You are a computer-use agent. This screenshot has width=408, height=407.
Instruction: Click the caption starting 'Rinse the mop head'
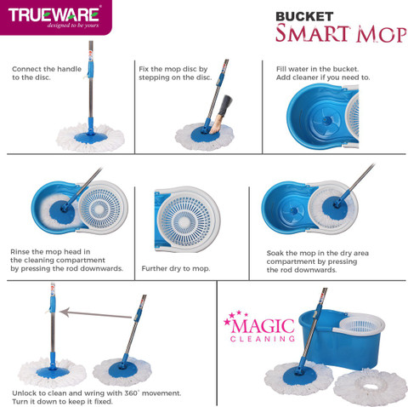[64, 260]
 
